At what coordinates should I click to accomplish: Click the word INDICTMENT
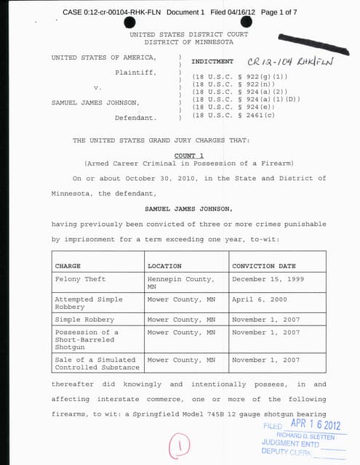tap(212, 62)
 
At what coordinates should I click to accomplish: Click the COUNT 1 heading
tap(189, 155)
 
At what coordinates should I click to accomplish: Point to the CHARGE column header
tap(68, 266)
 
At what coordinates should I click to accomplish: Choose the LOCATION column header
tap(164, 266)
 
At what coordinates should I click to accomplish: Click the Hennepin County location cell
tap(180, 282)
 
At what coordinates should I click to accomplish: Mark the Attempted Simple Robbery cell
tap(84, 303)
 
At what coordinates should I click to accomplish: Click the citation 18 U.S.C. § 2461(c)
tap(235, 115)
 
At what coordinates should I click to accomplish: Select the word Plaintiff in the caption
tap(135, 72)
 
